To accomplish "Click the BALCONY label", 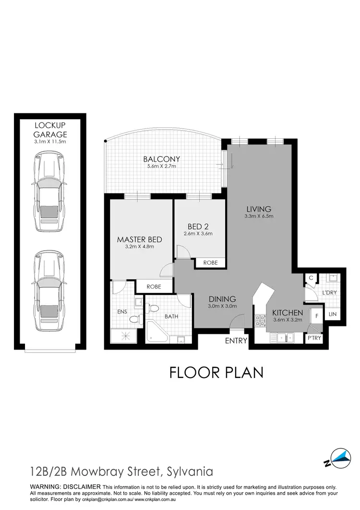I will [161, 159].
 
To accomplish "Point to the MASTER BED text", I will [140, 239].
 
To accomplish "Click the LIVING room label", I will [259, 209].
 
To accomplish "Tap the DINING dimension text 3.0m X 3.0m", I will [222, 307].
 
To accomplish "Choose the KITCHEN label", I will [288, 313].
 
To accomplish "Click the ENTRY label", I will [236, 341].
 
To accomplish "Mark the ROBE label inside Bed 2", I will [210, 263].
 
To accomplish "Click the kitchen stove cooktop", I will [261, 321].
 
